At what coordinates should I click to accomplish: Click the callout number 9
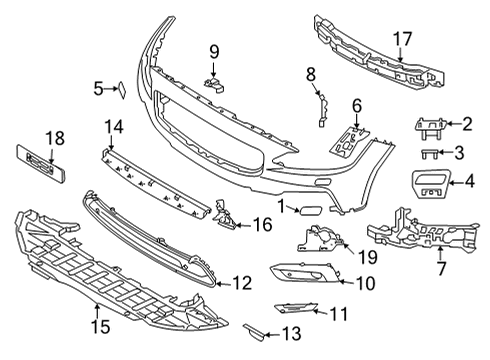point(213,51)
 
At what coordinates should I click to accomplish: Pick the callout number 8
point(311,73)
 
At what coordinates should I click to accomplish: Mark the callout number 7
point(442,268)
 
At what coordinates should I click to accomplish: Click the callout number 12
point(242,284)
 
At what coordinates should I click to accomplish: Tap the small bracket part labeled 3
point(428,153)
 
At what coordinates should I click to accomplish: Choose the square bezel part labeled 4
point(432,183)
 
